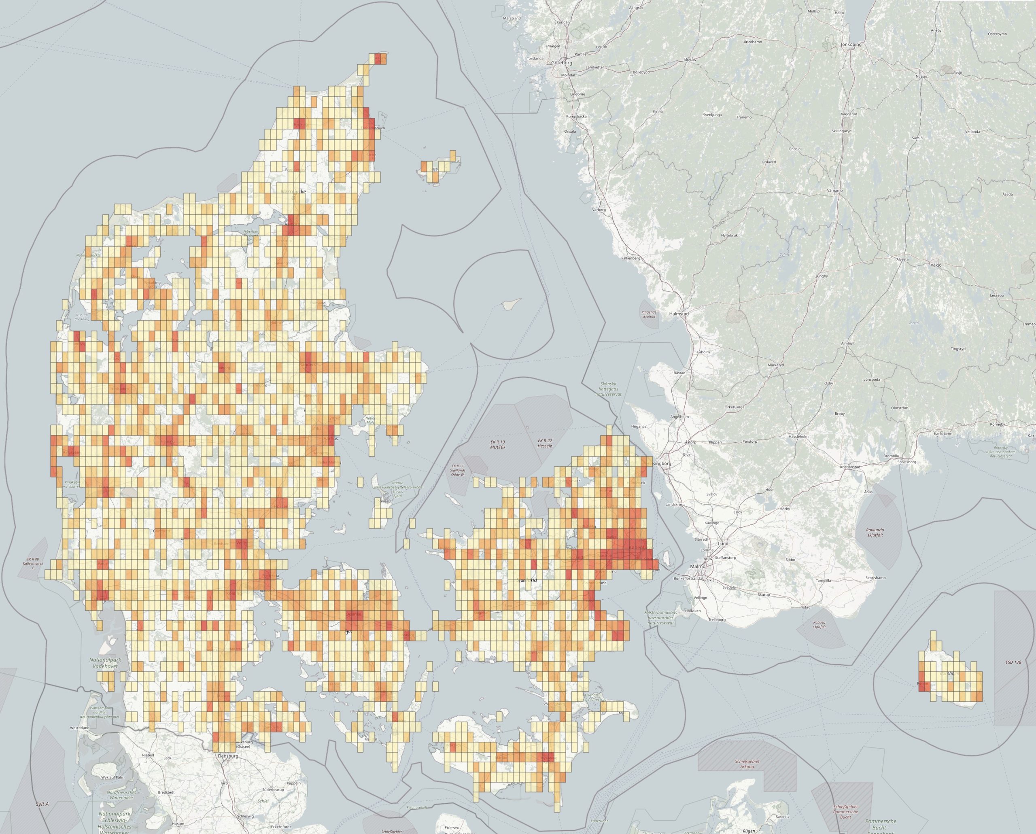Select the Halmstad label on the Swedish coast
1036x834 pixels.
pos(679,314)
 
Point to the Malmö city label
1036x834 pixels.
pos(698,567)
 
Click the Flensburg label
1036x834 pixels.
pos(228,755)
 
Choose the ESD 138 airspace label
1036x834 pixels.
pos(1013,662)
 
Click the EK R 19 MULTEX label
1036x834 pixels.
pos(498,444)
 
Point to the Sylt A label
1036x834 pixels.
pos(42,804)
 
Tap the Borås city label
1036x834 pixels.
pos(690,59)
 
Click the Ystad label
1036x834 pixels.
pos(806,607)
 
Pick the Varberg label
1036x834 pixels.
pos(599,210)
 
